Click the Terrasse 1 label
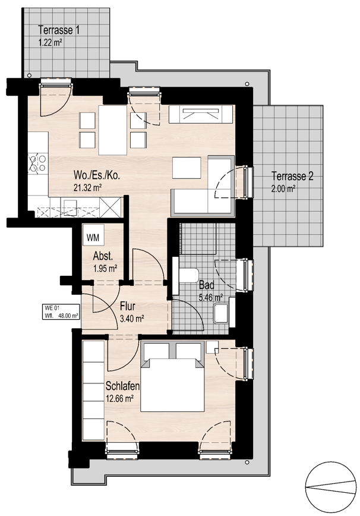[59, 30]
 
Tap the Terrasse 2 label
[292, 177]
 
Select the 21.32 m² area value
[85, 187]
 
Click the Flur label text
[128, 307]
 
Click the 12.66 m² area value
[119, 399]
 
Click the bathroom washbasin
[222, 313]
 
